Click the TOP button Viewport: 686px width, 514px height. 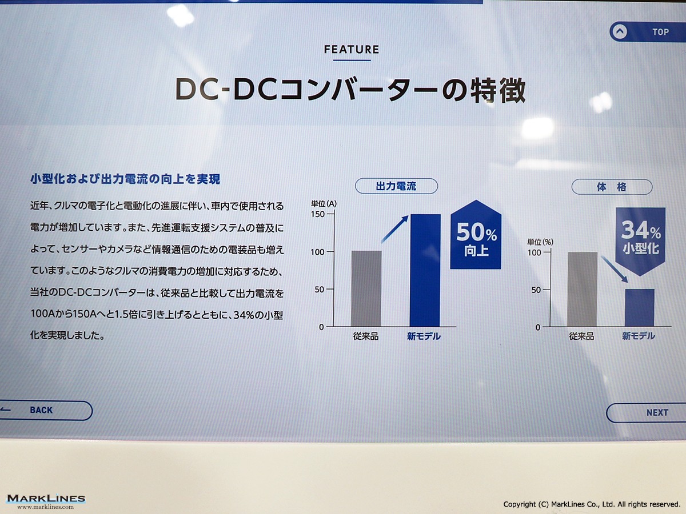click(648, 31)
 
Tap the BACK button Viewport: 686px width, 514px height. click(46, 411)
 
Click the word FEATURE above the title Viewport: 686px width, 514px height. click(352, 49)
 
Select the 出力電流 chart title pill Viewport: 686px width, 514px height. click(396, 186)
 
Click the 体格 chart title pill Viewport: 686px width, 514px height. click(612, 187)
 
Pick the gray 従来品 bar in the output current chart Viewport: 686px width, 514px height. click(366, 288)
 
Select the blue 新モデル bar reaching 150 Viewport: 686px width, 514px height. click(425, 270)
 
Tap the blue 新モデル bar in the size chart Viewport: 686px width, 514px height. click(640, 308)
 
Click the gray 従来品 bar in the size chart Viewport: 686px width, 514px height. click(582, 290)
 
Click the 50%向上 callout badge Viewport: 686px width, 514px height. click(476, 235)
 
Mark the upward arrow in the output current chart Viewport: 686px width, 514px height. click(394, 229)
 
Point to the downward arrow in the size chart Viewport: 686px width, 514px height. click(615, 270)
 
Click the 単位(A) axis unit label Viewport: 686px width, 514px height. click(324, 204)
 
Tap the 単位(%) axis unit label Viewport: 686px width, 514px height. click(540, 242)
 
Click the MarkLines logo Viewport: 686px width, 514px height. click(46, 501)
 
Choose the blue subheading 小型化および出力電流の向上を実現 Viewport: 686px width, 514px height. click(125, 179)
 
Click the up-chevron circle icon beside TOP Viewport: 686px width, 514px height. click(620, 32)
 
